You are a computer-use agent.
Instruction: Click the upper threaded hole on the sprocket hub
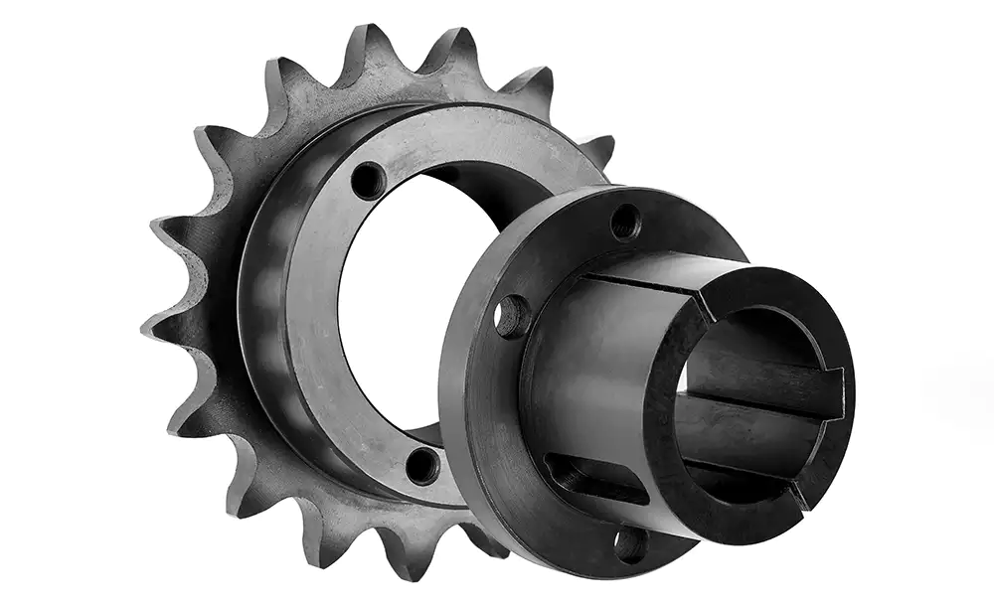click(x=369, y=181)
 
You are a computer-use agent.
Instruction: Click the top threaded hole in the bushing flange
click(x=625, y=222)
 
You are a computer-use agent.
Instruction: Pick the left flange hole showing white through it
click(x=513, y=316)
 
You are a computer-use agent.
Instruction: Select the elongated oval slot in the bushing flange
click(x=596, y=478)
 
